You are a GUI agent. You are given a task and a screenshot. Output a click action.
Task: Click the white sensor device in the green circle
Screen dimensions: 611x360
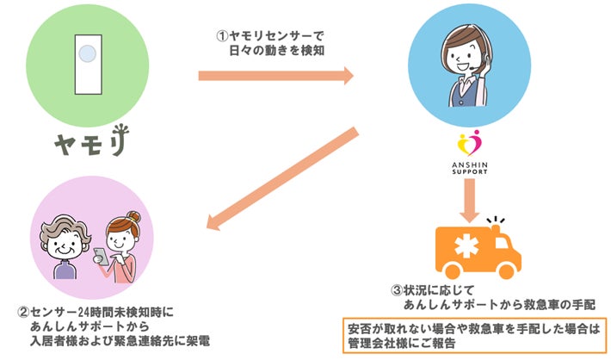(x=89, y=65)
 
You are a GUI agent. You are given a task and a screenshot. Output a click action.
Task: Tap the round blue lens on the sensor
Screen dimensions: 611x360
(x=87, y=53)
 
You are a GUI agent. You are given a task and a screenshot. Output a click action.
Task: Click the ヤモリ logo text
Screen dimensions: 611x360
(x=92, y=140)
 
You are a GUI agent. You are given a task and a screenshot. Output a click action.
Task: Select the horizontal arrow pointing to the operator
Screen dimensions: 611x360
(x=276, y=76)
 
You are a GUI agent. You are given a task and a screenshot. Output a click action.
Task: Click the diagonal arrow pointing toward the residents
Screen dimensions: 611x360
(x=282, y=178)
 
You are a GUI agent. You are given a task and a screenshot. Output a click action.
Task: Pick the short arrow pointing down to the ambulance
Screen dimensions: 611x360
(x=470, y=201)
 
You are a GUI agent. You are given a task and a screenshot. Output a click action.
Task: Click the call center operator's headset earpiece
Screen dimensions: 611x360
(x=487, y=59)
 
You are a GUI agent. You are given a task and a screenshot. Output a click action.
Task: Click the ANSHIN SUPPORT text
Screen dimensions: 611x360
(x=470, y=168)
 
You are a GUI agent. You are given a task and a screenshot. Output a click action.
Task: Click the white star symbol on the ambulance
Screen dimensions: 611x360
(x=466, y=246)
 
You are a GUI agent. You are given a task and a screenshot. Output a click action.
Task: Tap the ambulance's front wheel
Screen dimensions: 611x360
(x=506, y=270)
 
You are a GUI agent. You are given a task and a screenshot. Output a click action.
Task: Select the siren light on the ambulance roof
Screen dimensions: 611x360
(x=496, y=227)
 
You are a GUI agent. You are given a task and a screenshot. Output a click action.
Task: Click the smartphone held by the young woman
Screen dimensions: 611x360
(x=101, y=257)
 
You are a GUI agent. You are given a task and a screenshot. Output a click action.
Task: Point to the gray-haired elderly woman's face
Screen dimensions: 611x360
(x=65, y=245)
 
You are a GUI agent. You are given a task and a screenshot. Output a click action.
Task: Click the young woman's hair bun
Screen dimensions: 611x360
(x=133, y=216)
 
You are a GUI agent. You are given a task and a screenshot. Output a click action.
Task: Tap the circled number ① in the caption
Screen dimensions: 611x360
(x=223, y=36)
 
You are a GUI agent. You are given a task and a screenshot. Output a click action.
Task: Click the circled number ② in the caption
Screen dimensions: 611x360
(x=24, y=313)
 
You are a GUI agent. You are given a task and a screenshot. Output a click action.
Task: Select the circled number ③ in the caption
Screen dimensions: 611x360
(x=397, y=290)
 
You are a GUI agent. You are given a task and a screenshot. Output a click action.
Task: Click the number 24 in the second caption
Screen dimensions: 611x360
(x=85, y=313)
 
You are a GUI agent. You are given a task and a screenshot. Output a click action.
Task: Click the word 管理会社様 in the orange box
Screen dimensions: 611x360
(x=374, y=344)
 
